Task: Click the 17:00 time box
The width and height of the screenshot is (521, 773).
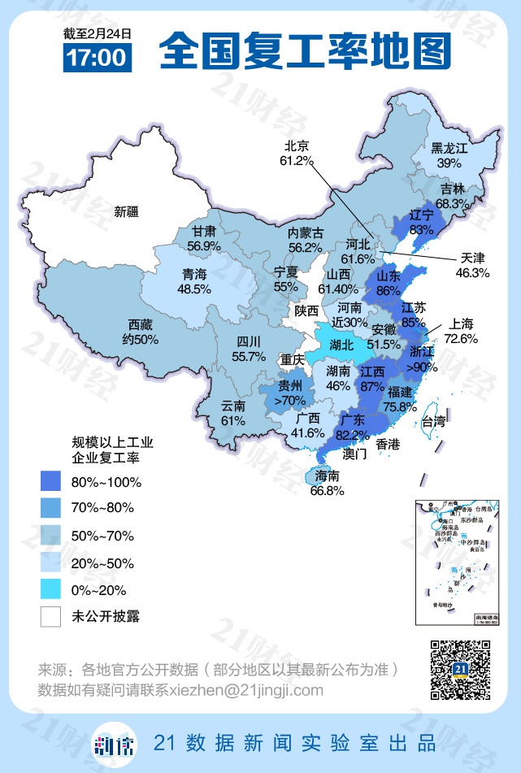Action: [97, 58]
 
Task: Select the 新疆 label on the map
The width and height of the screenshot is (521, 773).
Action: [126, 212]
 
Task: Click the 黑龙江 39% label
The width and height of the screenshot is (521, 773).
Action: [449, 155]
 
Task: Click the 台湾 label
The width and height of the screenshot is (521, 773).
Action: [433, 421]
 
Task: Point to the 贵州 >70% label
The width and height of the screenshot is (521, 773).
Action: [290, 393]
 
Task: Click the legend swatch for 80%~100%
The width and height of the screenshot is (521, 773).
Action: [51, 482]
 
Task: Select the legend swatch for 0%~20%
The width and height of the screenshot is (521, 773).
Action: [51, 589]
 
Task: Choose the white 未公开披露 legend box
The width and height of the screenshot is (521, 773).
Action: [51, 616]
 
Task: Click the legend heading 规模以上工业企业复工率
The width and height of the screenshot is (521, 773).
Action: [106, 449]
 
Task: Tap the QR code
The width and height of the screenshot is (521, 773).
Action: [460, 669]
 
